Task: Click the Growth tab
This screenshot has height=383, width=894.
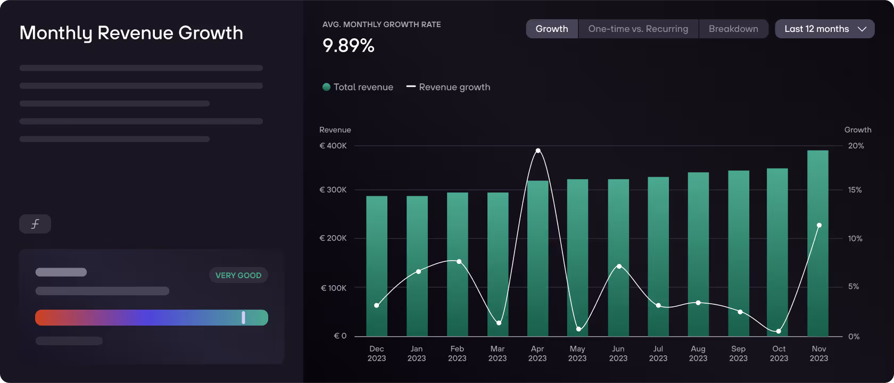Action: tap(552, 29)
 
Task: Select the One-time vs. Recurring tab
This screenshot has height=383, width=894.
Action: tap(638, 29)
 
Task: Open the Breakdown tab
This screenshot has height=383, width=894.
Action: tap(733, 29)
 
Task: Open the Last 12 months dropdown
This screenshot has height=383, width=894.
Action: tap(824, 29)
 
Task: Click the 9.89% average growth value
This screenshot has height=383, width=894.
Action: tap(349, 46)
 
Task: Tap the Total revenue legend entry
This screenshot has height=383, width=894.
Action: tap(358, 87)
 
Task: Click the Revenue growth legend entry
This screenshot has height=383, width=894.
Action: tap(448, 87)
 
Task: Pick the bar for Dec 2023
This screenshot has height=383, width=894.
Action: tap(377, 266)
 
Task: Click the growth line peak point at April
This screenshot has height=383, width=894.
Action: tap(538, 151)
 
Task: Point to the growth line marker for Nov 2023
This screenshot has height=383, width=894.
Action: tap(819, 226)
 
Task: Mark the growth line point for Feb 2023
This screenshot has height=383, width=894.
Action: tap(459, 262)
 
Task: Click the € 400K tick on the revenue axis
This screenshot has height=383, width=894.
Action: tap(333, 146)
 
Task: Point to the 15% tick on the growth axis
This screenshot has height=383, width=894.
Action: tap(855, 190)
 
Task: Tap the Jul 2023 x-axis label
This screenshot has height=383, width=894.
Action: tap(658, 353)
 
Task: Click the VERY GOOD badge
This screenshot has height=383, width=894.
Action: tap(238, 275)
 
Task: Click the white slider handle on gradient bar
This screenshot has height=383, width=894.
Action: tap(244, 318)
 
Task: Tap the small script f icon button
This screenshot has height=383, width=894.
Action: tap(35, 224)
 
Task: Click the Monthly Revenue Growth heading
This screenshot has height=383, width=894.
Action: tap(131, 33)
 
